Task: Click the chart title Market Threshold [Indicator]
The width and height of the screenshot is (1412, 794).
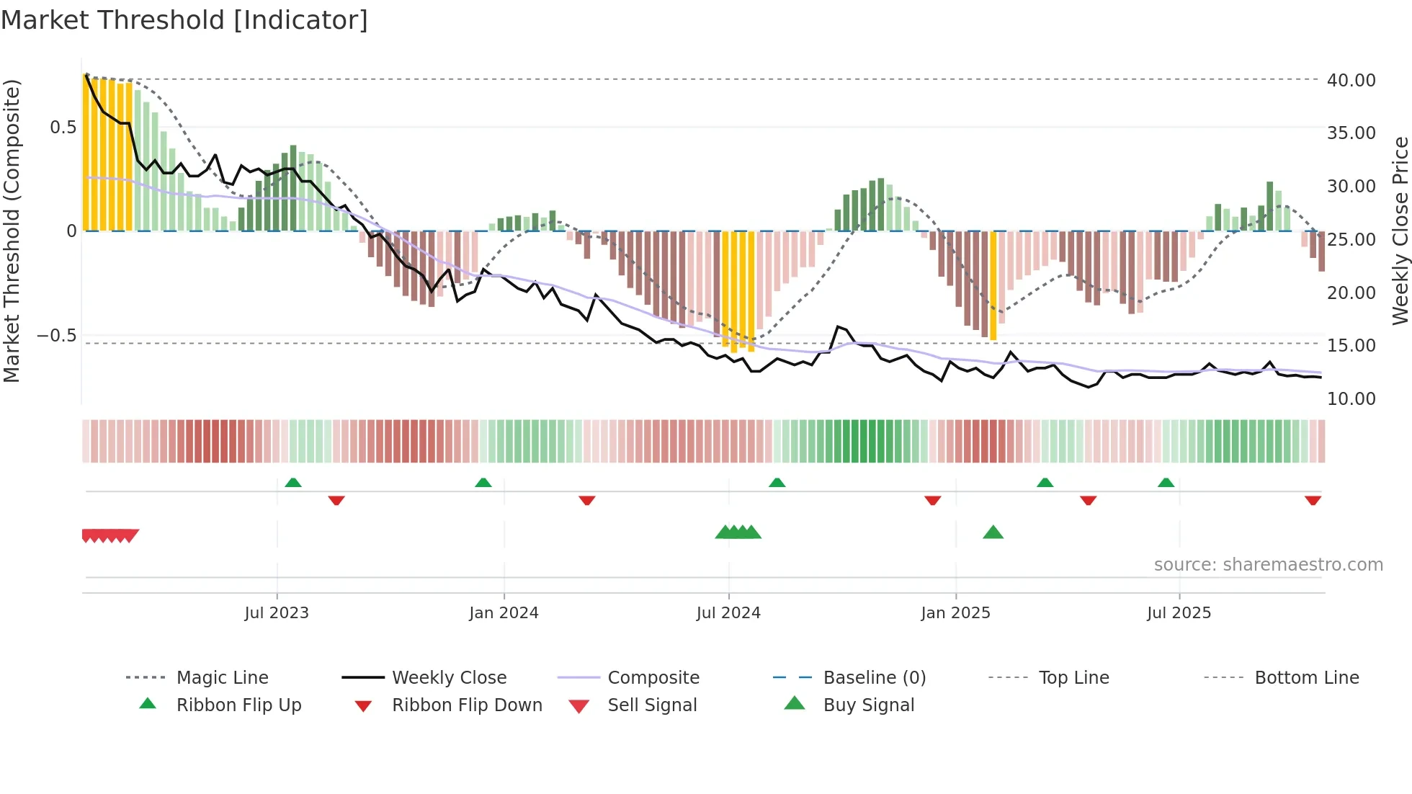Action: (184, 20)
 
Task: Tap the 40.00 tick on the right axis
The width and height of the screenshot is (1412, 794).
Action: (1351, 80)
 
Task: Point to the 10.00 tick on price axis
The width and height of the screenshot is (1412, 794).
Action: (1351, 398)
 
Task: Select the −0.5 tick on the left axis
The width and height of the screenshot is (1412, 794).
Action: (56, 336)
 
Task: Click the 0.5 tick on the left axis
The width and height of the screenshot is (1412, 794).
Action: (63, 128)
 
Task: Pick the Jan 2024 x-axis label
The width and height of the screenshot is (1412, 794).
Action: (504, 612)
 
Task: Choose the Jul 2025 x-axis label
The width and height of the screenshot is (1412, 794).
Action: (1179, 612)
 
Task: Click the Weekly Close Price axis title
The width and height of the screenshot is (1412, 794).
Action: (1400, 231)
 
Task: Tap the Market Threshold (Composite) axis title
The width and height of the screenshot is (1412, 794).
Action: (12, 231)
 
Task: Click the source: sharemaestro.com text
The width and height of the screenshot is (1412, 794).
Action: (1268, 564)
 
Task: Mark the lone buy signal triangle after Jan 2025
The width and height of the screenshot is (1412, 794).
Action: (993, 532)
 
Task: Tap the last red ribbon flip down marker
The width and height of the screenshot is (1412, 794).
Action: (1313, 500)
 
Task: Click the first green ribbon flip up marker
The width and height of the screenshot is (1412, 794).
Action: (292, 483)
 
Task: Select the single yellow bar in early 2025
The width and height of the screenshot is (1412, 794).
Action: (993, 285)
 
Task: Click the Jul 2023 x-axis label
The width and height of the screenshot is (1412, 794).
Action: (277, 612)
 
